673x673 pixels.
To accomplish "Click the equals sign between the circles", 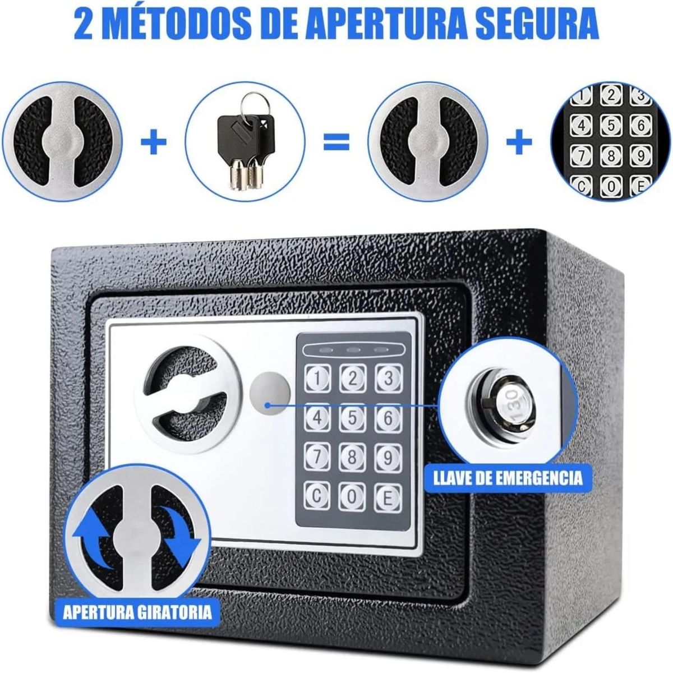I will (336, 141).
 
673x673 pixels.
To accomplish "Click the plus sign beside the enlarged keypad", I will (519, 141).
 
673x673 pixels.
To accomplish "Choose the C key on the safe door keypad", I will (317, 495).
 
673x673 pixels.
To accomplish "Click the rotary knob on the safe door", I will (185, 393).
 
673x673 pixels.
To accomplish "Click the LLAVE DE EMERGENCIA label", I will (508, 478).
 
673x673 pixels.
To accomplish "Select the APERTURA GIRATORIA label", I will (137, 610).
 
